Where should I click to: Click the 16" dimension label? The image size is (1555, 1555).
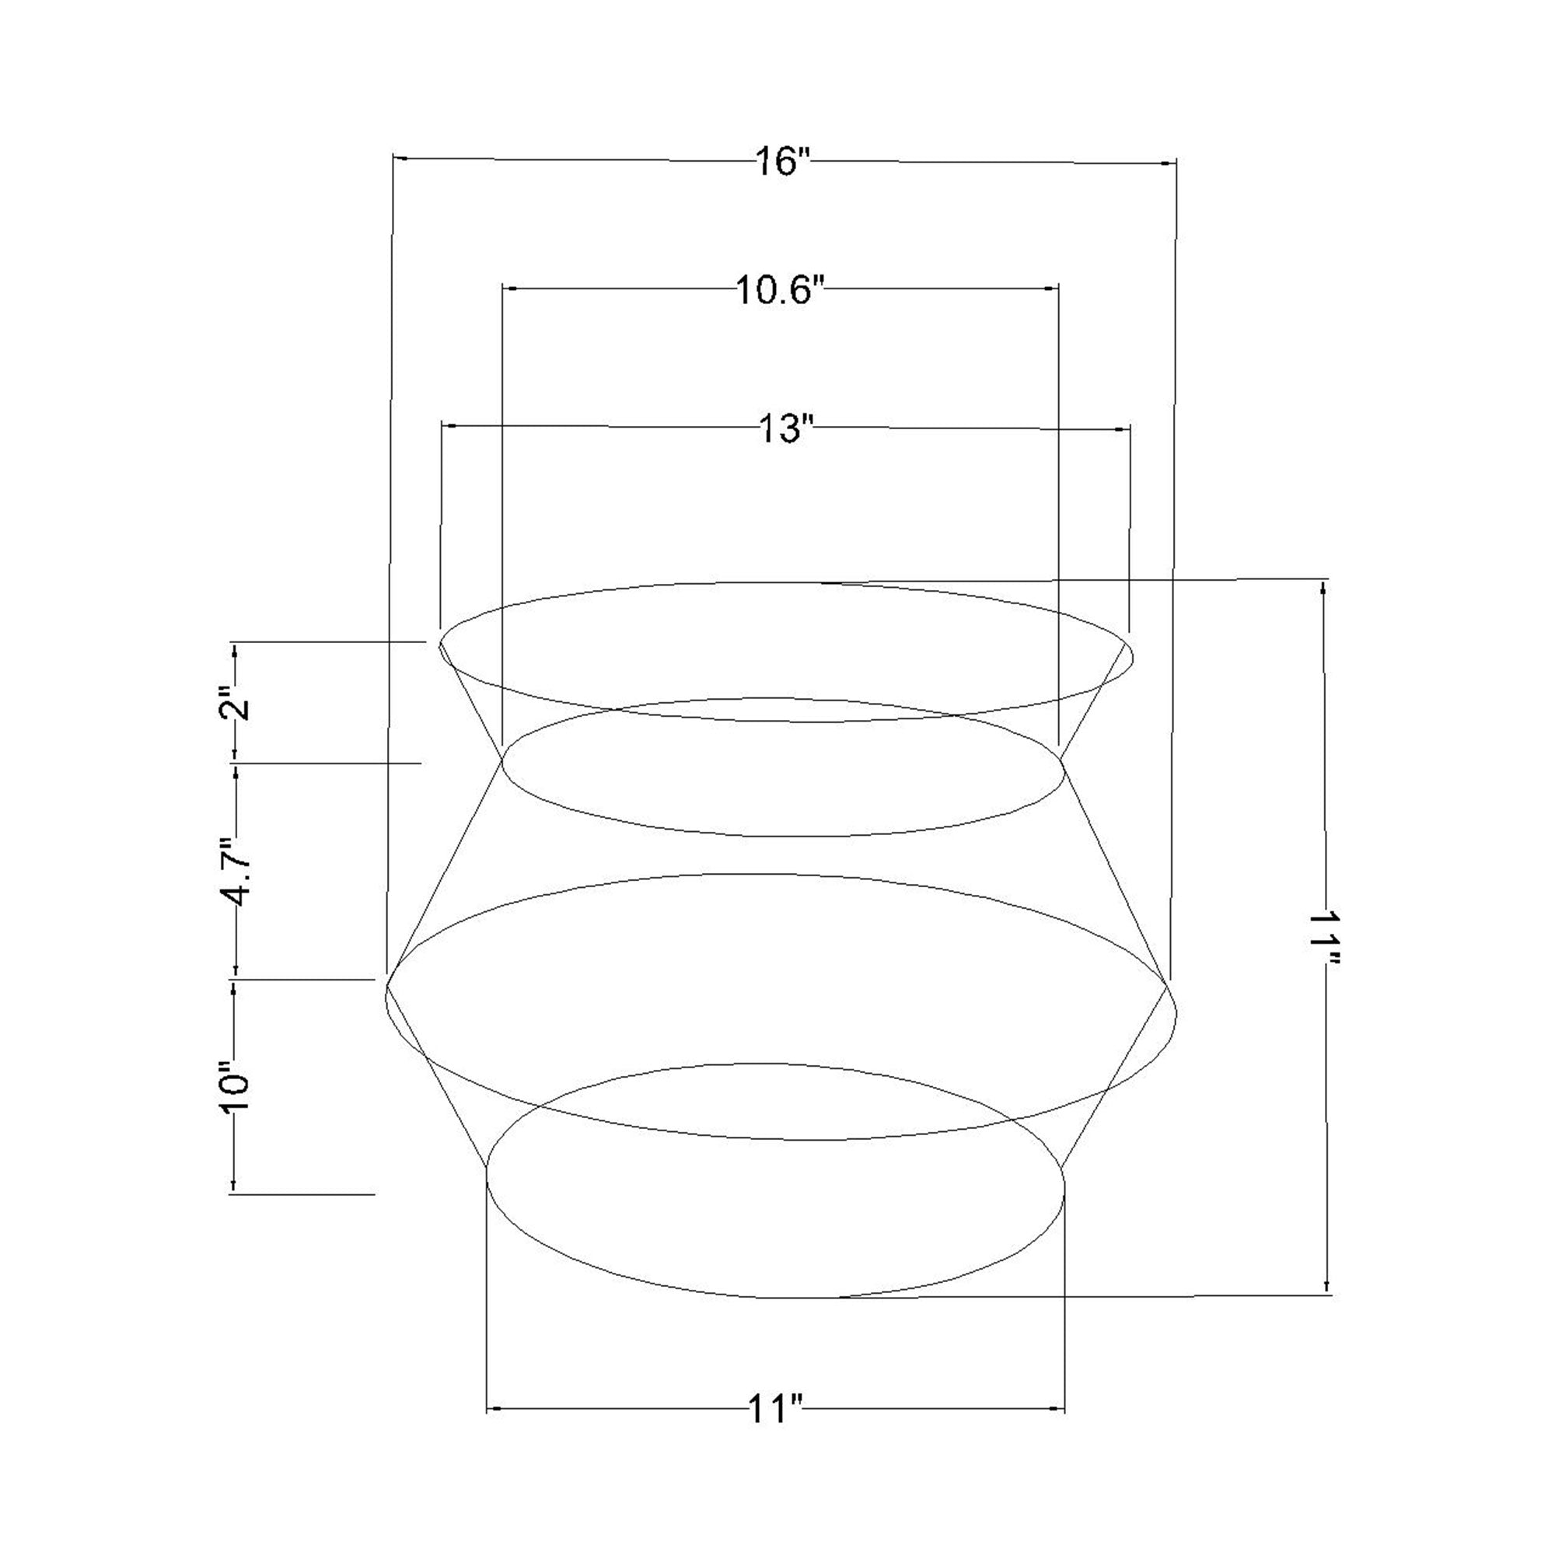[x=781, y=162]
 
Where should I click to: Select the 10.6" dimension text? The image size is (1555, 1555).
[x=781, y=291]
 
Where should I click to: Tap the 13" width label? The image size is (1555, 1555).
[x=782, y=428]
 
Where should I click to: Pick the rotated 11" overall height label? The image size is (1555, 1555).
[x=1326, y=938]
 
